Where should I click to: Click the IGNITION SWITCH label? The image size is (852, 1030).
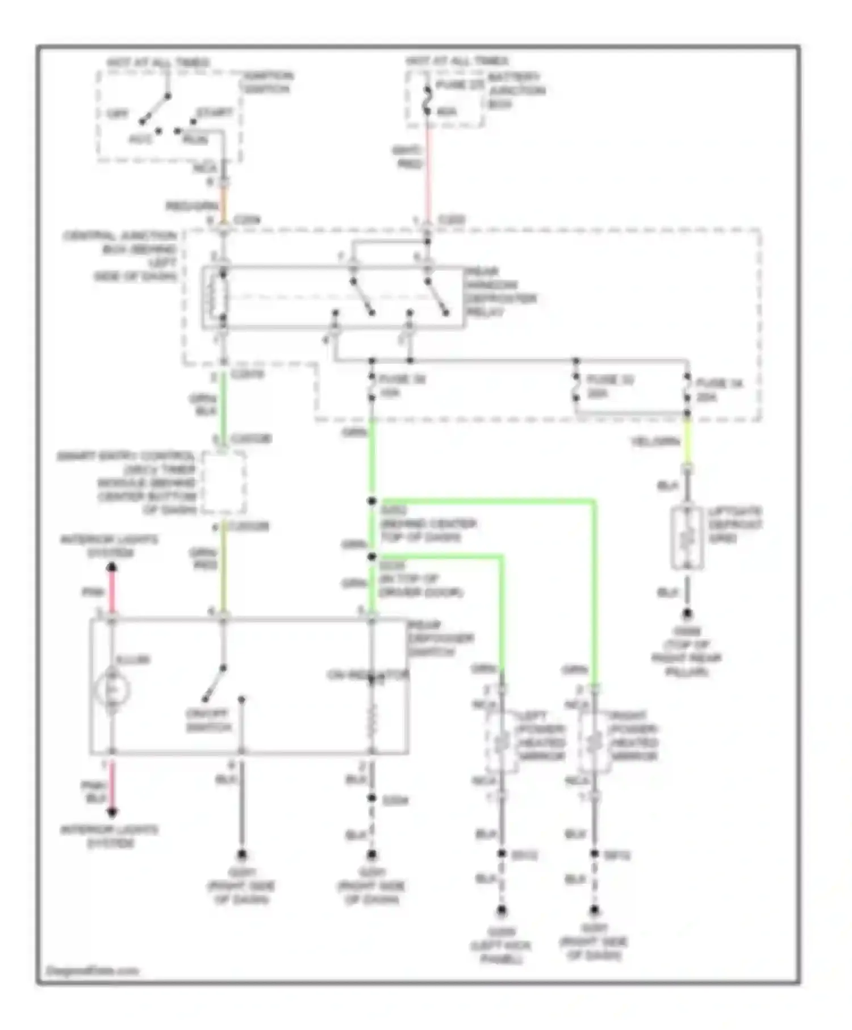pos(266,82)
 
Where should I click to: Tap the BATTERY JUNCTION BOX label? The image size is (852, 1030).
pos(516,90)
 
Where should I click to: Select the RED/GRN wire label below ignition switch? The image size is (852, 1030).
pos(191,206)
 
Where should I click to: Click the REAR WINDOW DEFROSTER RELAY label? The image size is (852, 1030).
pos(500,292)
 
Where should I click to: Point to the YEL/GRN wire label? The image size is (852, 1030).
pos(655,441)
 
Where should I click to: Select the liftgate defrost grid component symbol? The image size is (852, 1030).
pos(687,537)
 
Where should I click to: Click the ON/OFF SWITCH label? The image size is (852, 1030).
pos(208,721)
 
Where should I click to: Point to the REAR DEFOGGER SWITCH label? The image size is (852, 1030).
pos(440,638)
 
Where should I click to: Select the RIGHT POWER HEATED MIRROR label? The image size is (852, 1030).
pos(633,736)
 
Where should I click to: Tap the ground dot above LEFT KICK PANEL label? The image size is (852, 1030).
pos(502,910)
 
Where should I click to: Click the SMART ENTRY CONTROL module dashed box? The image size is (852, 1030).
pos(224,483)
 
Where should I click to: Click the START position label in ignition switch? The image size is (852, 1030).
pos(215,112)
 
